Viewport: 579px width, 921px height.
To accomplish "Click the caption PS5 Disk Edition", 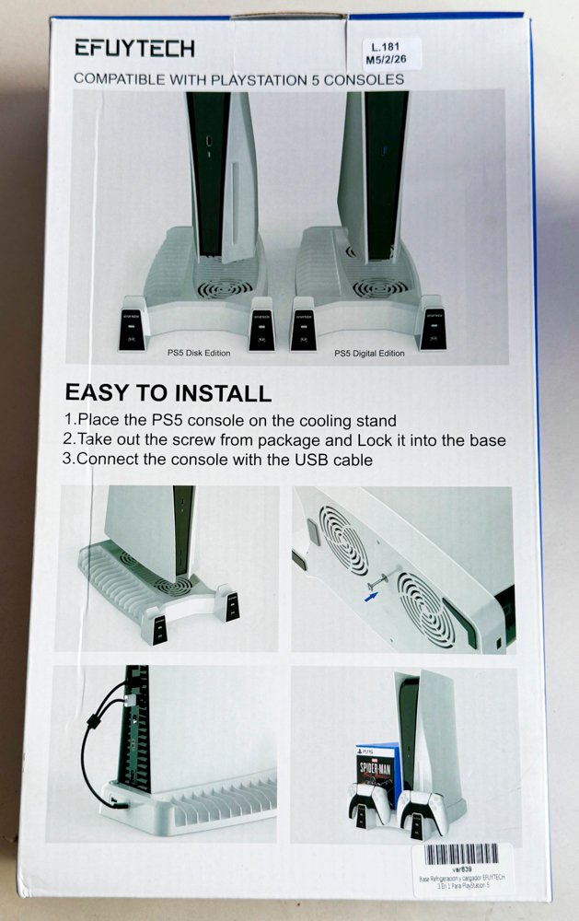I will point(198,353).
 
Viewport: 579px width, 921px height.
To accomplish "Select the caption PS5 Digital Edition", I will point(369,353).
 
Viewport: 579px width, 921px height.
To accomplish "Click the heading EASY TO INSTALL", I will point(168,393).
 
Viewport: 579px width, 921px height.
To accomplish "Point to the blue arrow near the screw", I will point(370,595).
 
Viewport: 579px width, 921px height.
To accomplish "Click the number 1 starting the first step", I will point(69,419).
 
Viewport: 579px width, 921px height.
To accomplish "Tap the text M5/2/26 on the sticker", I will point(387,60).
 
